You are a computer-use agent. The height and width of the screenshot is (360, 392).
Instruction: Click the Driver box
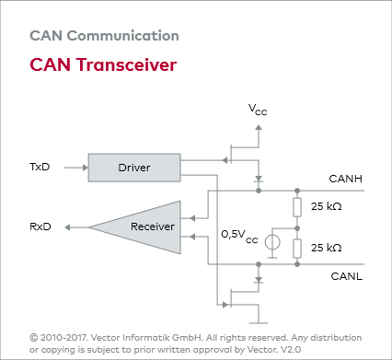133,168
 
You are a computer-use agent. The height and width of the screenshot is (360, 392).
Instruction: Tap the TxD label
40,168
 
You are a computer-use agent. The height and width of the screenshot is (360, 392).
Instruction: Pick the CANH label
345,179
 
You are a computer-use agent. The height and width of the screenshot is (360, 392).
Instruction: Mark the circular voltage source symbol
273,244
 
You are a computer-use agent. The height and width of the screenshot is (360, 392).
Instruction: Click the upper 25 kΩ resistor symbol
297,206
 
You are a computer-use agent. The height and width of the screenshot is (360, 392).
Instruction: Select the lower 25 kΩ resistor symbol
297,248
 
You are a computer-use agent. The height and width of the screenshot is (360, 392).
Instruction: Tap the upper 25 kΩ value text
327,206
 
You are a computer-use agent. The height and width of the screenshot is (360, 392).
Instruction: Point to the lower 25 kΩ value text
327,248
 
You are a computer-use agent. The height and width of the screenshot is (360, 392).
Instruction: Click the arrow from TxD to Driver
74,168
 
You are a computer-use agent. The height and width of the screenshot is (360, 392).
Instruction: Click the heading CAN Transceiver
102,65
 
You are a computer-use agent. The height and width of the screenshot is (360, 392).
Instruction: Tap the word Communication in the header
122,37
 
